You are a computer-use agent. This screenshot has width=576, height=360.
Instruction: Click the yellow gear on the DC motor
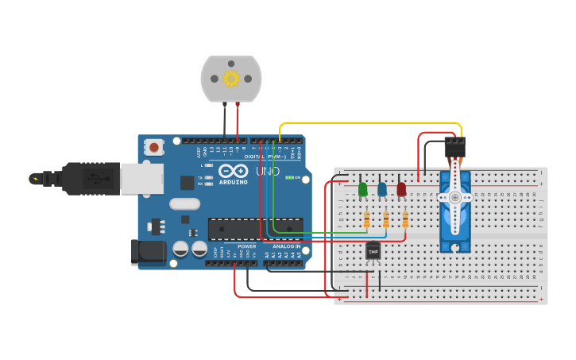[x=231, y=79]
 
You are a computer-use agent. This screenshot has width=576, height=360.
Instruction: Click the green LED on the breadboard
[x=363, y=190]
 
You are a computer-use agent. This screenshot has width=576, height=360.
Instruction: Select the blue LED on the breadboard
[x=382, y=190]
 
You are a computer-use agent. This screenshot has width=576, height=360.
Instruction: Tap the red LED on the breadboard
[x=401, y=190]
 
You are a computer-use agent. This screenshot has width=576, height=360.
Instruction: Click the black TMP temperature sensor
[x=373, y=251]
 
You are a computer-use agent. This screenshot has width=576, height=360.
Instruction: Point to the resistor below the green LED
[x=366, y=219]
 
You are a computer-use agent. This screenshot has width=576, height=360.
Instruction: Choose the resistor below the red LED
[x=405, y=219]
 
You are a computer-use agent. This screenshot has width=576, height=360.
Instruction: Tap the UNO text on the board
[x=267, y=171]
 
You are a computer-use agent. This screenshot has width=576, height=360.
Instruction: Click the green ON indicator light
[x=288, y=177]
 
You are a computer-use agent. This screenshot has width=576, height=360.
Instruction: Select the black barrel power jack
[x=149, y=252]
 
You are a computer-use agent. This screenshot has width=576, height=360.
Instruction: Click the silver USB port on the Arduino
[x=142, y=178]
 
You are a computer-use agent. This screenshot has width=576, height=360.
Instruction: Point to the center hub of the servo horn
[x=454, y=197]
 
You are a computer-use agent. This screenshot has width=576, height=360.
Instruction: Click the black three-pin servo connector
[x=454, y=146]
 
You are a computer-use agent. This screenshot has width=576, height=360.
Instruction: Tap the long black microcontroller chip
[x=255, y=229]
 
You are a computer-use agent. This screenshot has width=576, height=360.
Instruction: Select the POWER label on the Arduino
[x=247, y=246]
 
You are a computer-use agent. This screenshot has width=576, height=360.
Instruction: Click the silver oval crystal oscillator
[x=184, y=203]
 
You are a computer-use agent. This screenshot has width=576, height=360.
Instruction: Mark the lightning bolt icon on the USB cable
[x=34, y=179]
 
